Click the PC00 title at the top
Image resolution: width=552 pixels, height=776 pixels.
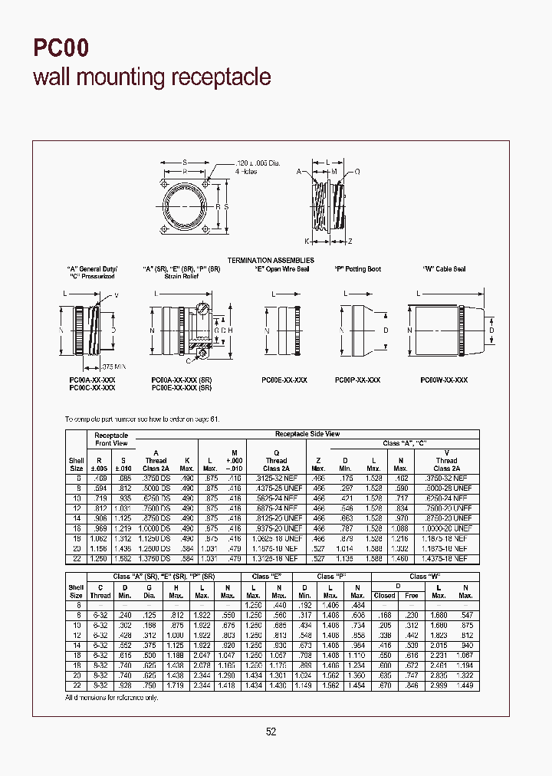61,49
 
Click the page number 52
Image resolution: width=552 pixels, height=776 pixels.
271,732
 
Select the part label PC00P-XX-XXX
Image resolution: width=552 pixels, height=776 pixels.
358,380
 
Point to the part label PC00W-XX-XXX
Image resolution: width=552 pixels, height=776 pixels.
444,380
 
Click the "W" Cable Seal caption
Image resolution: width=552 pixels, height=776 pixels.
444,269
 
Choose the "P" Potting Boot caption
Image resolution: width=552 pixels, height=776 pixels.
357,269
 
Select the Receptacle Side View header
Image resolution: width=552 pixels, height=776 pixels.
307,434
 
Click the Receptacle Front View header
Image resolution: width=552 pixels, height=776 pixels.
111,439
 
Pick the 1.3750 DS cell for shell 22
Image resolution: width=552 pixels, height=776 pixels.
156,559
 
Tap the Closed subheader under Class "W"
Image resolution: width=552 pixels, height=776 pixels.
384,595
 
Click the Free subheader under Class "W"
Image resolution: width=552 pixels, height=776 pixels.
412,595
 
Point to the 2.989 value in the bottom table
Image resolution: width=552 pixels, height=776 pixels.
439,685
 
